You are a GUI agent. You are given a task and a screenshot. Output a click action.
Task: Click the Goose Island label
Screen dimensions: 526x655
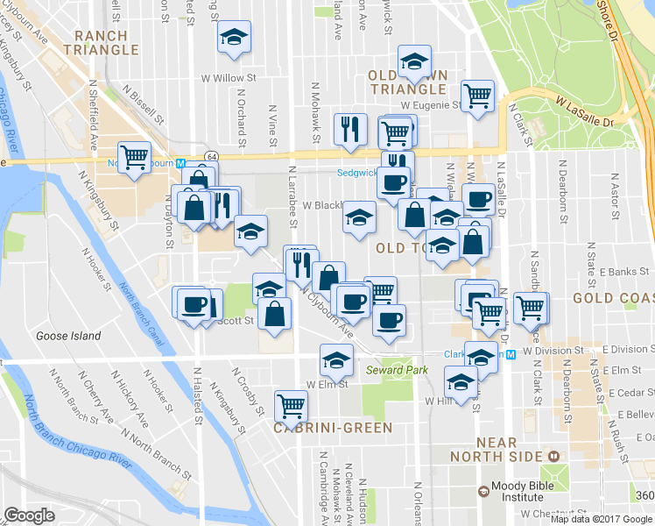coord(68,336)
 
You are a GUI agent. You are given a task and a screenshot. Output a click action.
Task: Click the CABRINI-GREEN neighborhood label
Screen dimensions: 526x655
coord(332,428)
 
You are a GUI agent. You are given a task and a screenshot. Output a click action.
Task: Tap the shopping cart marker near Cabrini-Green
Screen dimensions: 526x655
coord(291,404)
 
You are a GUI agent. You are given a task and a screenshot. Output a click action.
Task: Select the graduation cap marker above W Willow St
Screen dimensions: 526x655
coord(233,37)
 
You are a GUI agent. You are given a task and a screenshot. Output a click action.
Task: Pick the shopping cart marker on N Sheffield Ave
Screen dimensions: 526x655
coord(134,157)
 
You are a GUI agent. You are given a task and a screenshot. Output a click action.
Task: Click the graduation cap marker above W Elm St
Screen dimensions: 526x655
coord(335,359)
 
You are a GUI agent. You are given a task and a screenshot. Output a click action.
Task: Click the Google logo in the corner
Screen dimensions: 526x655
coord(29,515)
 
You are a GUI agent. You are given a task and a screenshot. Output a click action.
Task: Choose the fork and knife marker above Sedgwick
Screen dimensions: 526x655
coord(349,128)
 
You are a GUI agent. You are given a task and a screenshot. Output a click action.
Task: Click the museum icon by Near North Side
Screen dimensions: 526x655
coord(553,456)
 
